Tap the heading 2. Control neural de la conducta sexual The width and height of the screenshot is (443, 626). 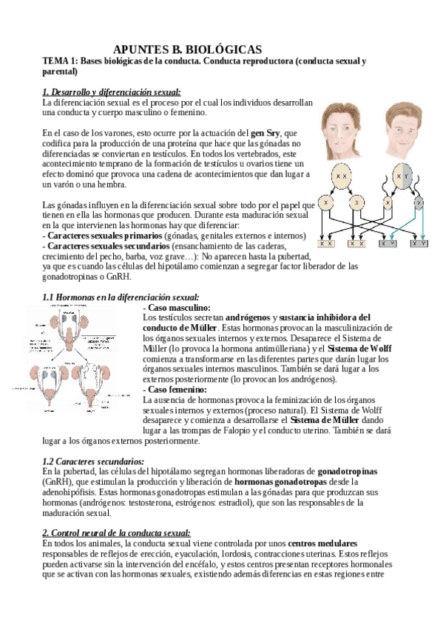(116, 532)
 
